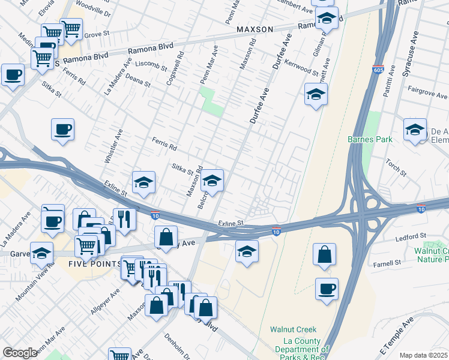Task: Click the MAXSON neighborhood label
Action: [255, 29]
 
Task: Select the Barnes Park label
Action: [370, 139]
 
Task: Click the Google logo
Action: [20, 353]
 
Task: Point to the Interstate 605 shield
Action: [378, 70]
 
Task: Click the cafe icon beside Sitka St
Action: [62, 130]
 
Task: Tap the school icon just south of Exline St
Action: [247, 251]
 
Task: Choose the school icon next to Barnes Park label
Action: [415, 130]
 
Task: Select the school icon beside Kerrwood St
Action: [316, 94]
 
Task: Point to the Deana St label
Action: [137, 82]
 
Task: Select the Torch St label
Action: [397, 168]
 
